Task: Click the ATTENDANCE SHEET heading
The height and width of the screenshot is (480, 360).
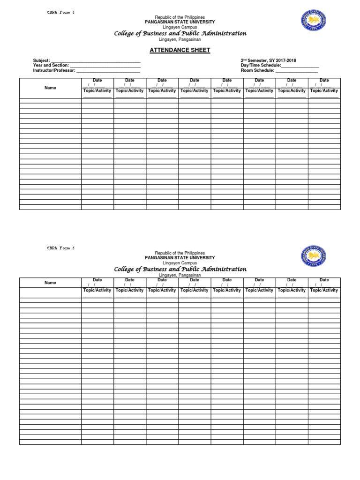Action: click(x=180, y=50)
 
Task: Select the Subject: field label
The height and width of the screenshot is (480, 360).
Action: click(x=41, y=60)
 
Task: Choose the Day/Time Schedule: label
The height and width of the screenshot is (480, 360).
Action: click(x=261, y=65)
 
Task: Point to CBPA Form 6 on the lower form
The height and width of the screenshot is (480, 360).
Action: click(x=61, y=247)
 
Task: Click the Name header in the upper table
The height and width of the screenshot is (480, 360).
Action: click(x=50, y=88)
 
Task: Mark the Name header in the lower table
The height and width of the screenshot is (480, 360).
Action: click(x=50, y=283)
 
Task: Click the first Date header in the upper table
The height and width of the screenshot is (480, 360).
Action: click(x=97, y=81)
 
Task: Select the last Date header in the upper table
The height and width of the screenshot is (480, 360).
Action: click(x=324, y=81)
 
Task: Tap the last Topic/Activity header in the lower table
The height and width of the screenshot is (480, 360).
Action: click(x=324, y=290)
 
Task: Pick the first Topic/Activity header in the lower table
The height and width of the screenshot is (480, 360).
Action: click(x=97, y=290)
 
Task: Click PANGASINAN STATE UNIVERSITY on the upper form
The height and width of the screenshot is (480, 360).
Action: click(x=180, y=22)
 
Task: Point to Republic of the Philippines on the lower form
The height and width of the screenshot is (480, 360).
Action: click(x=180, y=253)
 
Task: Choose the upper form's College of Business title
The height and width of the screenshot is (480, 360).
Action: click(x=180, y=33)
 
